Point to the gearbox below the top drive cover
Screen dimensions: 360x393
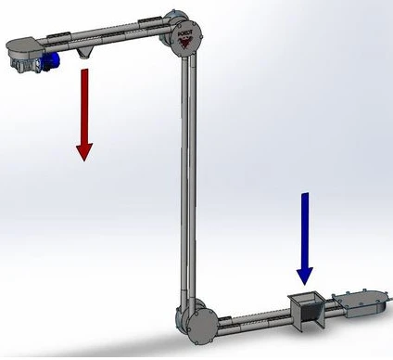tap(22, 63)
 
